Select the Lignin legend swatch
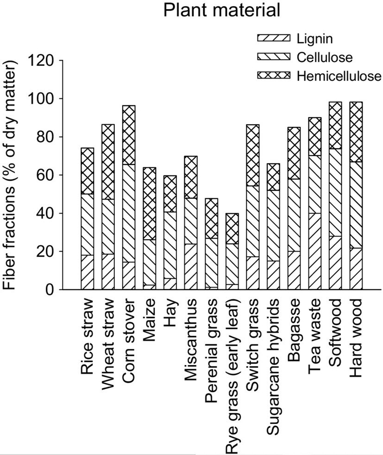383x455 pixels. (x=273, y=38)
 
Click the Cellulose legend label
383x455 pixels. (x=325, y=57)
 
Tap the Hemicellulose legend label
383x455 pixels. (x=339, y=76)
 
